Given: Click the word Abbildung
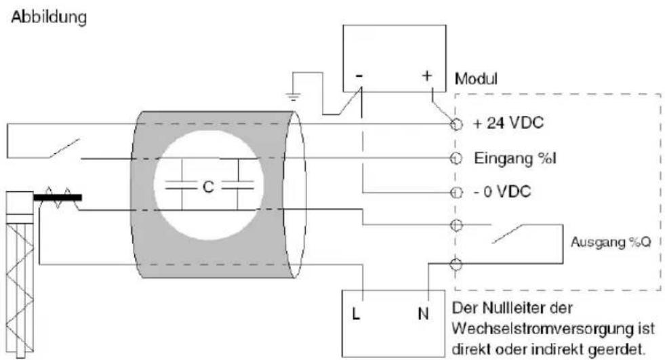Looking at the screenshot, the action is tap(49, 18).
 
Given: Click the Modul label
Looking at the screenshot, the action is tap(476, 79).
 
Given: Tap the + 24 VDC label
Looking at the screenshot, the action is tap(508, 123).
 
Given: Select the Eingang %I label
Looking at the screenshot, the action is tap(515, 158).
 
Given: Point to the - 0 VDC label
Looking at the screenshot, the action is tap(502, 192).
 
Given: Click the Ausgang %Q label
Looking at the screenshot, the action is tap(610, 242).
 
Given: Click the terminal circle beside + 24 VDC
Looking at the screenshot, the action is tap(456, 124).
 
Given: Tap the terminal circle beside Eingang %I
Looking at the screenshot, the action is tap(456, 158).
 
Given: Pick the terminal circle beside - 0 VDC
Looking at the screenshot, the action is tap(456, 193).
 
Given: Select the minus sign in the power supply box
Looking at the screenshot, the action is tap(359, 77).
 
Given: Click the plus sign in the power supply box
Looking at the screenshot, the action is tap(426, 75).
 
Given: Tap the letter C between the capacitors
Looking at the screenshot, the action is tap(208, 186).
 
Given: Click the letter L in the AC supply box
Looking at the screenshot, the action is tap(356, 314).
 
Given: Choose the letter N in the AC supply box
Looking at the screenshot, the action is tap(423, 314).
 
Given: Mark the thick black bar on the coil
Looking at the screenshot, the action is tap(57, 197).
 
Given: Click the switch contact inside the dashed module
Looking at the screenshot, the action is tap(507, 234).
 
